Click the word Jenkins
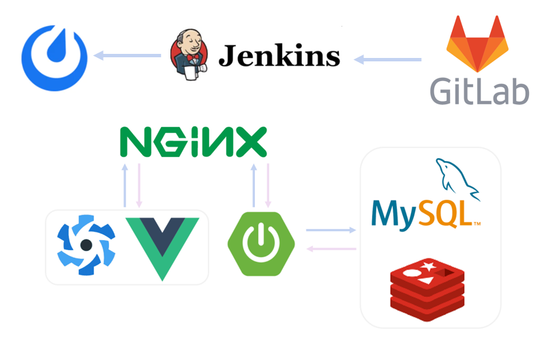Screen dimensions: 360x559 [x=279, y=55]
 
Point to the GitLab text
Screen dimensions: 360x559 [x=480, y=91]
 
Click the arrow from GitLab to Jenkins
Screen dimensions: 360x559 [x=388, y=60]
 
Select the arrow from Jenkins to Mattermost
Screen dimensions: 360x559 [x=129, y=55]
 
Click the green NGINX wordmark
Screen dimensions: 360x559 [x=193, y=142]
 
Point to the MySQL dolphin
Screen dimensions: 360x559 [x=456, y=179]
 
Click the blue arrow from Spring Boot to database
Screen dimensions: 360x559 [x=331, y=230]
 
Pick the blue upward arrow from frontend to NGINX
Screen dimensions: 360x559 [x=125, y=185]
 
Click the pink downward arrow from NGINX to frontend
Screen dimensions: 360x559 [x=140, y=185]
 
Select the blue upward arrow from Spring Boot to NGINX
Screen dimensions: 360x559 [x=254, y=185]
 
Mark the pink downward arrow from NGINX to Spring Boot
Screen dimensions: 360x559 [x=268, y=185]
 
